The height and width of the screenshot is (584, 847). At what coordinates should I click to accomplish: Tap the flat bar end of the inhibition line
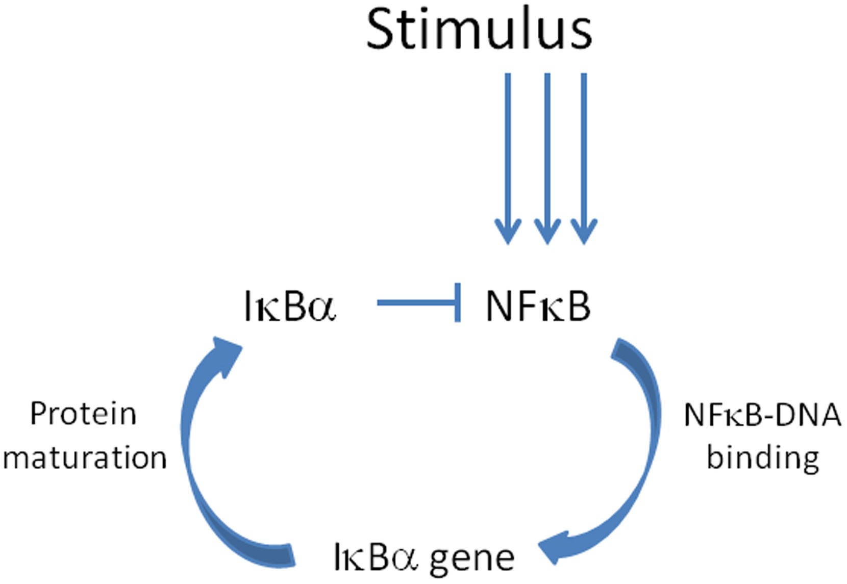coord(458,303)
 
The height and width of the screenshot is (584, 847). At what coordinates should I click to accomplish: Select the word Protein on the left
coord(83,414)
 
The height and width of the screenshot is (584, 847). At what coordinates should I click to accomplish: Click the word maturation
coord(85,458)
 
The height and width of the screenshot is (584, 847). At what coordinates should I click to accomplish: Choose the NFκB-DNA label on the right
coord(762,415)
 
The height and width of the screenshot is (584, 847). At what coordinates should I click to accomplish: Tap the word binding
coord(763,458)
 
